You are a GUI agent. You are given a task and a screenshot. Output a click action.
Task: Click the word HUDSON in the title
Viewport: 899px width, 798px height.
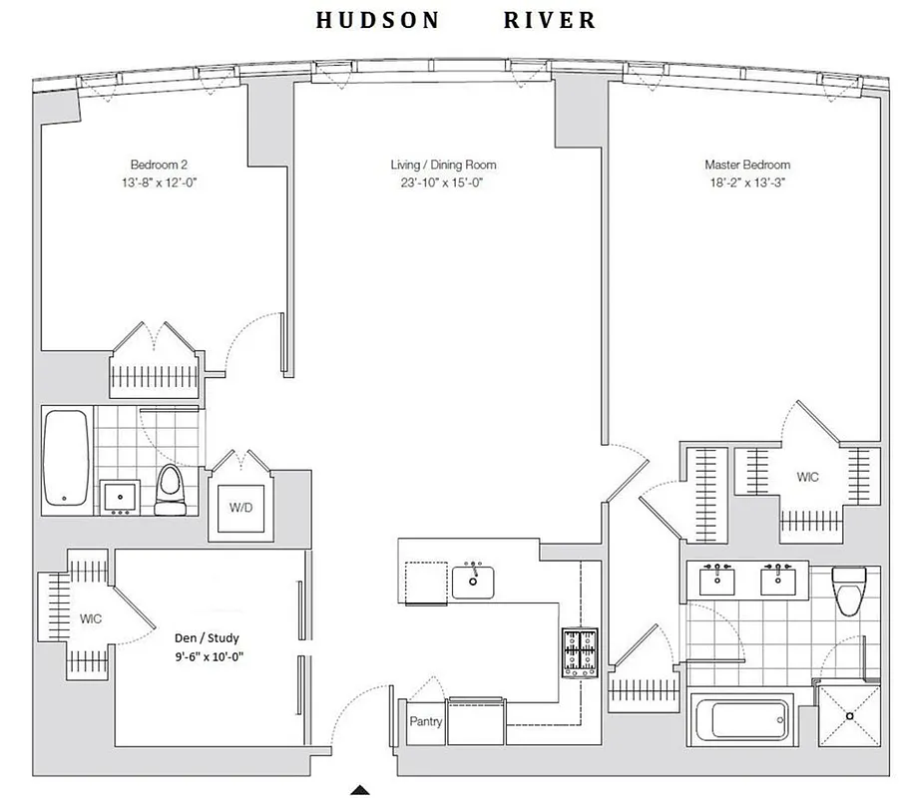click(377, 20)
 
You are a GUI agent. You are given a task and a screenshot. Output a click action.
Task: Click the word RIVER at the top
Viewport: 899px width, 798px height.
click(550, 20)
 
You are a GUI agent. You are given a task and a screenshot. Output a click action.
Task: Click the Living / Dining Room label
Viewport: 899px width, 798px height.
click(443, 165)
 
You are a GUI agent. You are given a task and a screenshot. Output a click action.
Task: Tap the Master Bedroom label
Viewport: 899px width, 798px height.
click(747, 165)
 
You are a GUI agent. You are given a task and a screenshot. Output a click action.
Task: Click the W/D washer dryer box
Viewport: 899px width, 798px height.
click(241, 508)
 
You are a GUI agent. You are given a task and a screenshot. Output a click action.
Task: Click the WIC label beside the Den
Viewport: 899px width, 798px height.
click(90, 618)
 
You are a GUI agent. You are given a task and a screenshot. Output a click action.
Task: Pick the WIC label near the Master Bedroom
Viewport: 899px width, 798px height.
click(807, 478)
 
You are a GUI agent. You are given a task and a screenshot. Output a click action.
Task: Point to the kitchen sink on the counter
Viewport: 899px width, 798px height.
click(475, 581)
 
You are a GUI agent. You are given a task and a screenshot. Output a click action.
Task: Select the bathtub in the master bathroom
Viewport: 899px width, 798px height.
click(740, 720)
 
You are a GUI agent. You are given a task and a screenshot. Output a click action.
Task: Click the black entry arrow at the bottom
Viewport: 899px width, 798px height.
click(360, 790)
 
